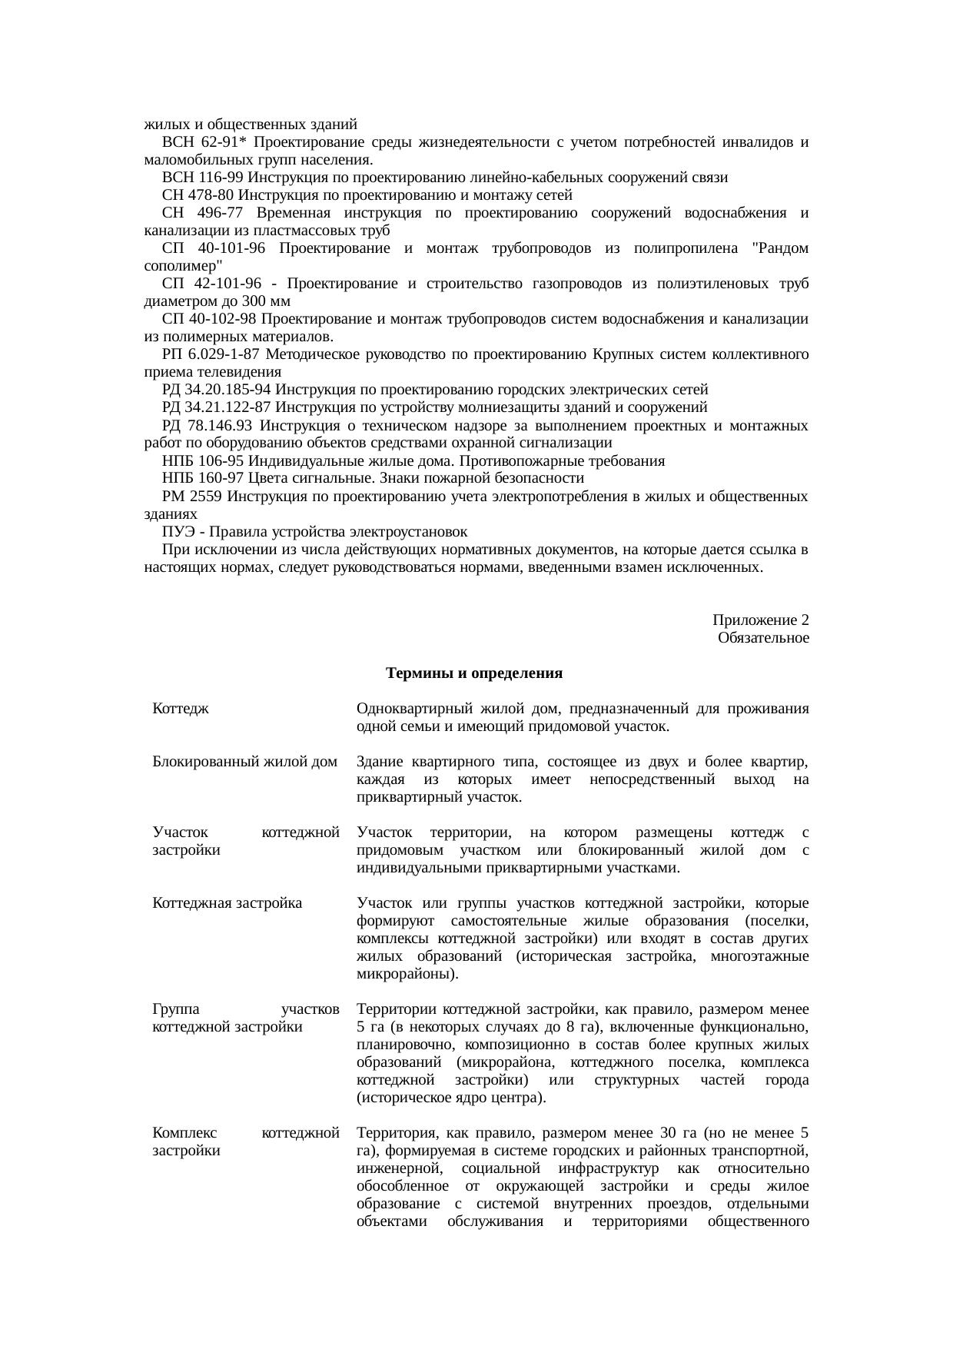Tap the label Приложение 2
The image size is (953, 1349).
click(x=760, y=620)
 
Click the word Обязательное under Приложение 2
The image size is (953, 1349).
click(x=762, y=639)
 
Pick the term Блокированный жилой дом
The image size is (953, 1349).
click(x=245, y=763)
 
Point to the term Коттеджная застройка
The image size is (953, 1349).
click(x=227, y=903)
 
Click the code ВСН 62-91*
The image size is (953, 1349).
click(x=205, y=142)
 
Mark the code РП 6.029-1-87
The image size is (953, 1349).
click(x=210, y=354)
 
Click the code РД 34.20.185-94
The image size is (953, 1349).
click(x=217, y=390)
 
